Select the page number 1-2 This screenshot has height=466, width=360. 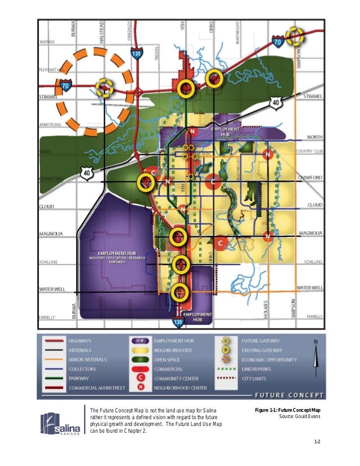317,442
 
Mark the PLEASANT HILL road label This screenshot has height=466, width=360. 50,69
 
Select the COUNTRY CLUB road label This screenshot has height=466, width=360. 308,151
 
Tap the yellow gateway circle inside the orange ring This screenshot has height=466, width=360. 104,87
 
